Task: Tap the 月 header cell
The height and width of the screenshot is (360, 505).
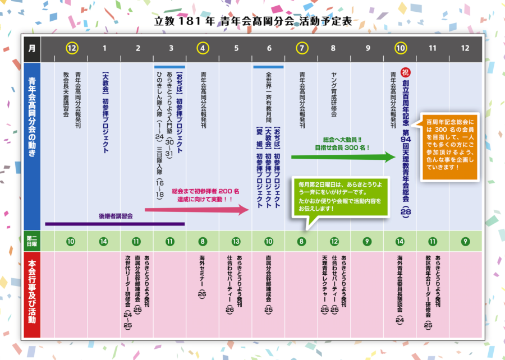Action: pos(31,48)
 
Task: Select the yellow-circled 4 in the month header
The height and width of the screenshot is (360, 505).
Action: pos(203,48)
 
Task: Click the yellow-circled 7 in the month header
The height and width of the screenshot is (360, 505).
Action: pos(302,48)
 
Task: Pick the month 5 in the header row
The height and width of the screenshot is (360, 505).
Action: pos(236,48)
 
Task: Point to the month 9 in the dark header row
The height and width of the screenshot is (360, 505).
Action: pos(368,48)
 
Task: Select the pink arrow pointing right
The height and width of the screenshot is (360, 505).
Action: pos(196,210)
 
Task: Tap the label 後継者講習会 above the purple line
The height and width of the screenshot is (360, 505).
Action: pos(116,216)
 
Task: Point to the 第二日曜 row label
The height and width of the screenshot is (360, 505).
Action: pos(31,241)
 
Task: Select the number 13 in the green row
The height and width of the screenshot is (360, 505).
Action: pos(236,242)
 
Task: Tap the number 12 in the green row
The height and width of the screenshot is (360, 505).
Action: pos(334,242)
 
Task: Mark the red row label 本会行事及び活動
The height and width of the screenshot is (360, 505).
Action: pos(31,294)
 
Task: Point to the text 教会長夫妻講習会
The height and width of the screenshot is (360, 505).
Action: pos(66,94)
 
